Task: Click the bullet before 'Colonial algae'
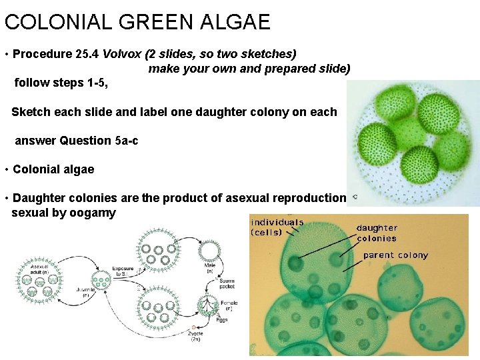pyautogui.click(x=6, y=169)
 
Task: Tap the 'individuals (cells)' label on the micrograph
pyautogui.click(x=277, y=227)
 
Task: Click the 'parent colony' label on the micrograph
pyautogui.click(x=395, y=255)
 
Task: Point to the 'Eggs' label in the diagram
pyautogui.click(x=222, y=320)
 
